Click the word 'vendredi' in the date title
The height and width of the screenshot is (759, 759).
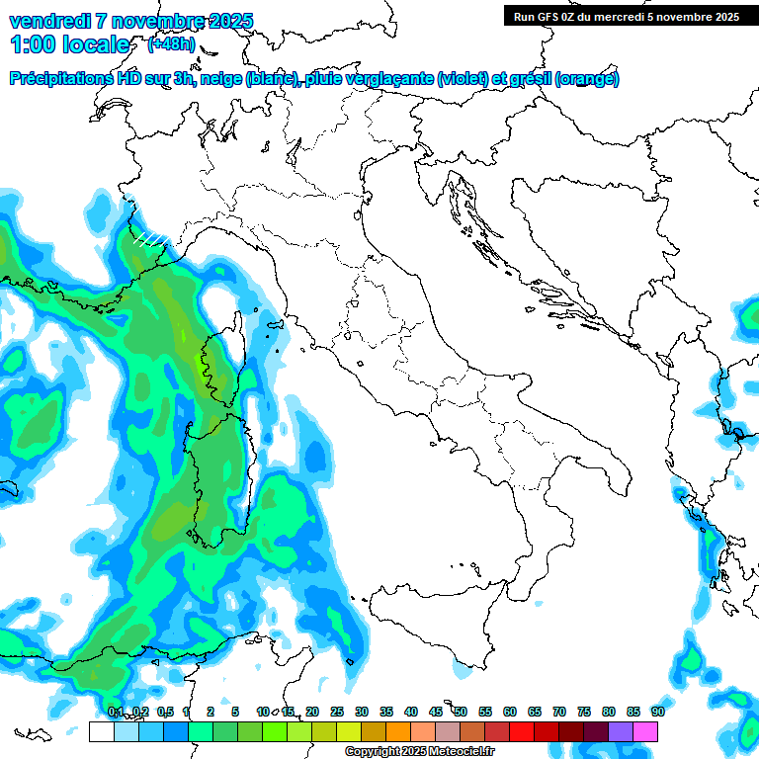coord(46,21)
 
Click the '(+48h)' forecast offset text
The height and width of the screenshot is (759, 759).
coord(171,43)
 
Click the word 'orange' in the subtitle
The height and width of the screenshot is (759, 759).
coord(587,79)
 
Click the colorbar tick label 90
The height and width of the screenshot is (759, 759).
coord(657,712)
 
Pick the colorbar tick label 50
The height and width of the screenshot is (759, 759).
coord(461,712)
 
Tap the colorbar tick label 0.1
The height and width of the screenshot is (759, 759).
coord(115,712)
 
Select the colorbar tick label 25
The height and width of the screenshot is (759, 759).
coord(337,712)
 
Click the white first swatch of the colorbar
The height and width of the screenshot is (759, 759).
coord(101,731)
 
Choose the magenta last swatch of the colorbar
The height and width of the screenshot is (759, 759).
coord(646,731)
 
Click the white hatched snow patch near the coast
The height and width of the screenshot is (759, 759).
coord(151,238)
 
